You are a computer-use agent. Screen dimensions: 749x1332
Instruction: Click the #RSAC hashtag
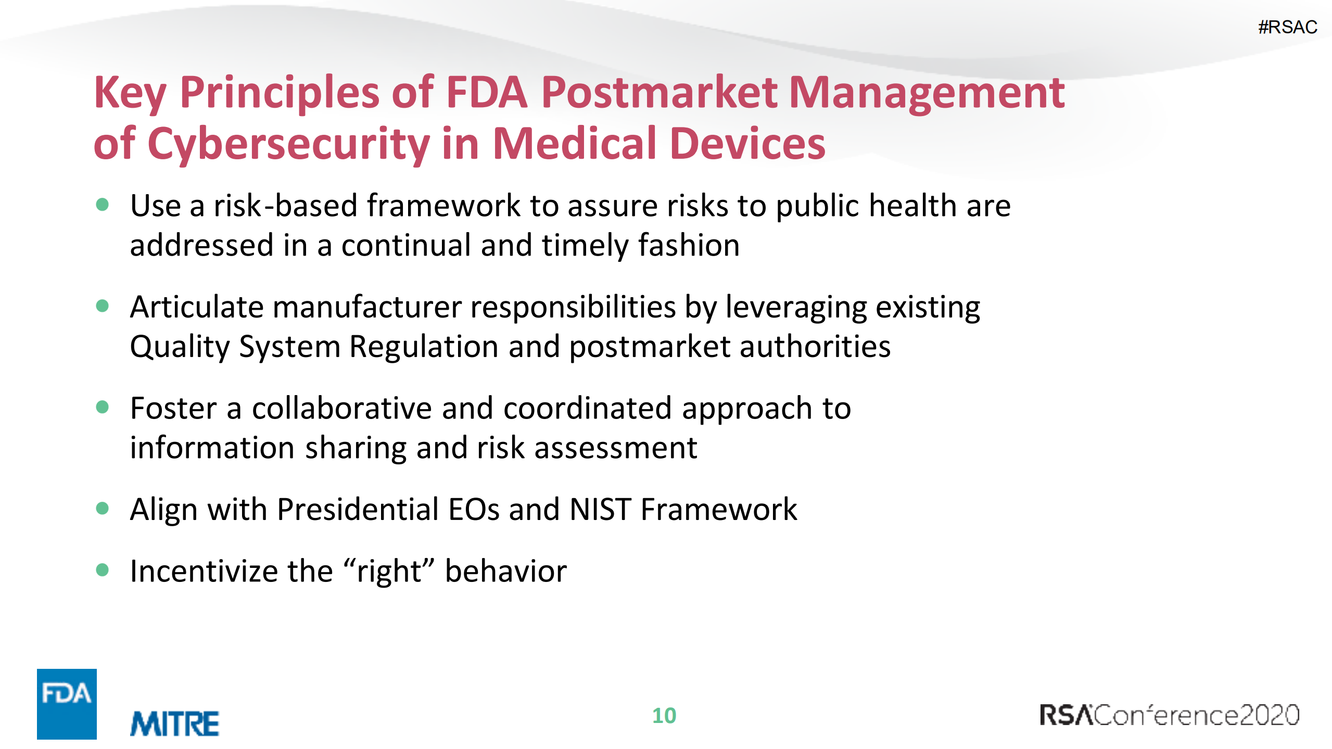(x=1287, y=27)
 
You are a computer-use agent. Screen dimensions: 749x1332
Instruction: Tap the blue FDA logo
(x=67, y=703)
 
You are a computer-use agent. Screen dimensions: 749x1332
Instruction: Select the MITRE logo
(x=174, y=723)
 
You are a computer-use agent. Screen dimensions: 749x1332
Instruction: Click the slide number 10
(x=664, y=716)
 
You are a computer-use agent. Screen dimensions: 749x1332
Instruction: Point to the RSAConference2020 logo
(x=1169, y=715)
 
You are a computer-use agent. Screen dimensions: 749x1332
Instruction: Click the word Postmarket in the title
(x=659, y=94)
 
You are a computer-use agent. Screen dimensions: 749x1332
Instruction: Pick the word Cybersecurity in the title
(x=288, y=145)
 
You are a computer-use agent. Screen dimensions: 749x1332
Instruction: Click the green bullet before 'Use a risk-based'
(x=103, y=205)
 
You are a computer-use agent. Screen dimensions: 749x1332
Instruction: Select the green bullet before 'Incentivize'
(x=103, y=570)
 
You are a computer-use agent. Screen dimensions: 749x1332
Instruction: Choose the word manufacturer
(x=367, y=307)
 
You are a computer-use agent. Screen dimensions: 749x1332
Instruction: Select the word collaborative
(x=342, y=408)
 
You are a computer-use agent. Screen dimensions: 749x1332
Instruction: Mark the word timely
(x=585, y=246)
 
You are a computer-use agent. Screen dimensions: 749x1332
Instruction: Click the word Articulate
(x=197, y=307)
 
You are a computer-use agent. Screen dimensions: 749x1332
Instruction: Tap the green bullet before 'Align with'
(x=103, y=508)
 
